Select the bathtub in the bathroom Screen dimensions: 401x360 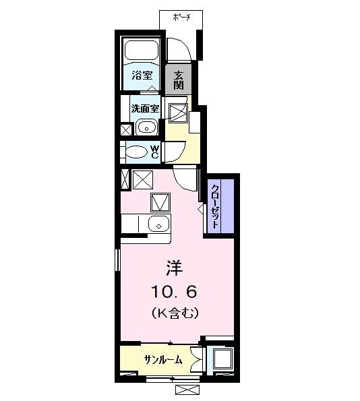pyautogui.click(x=141, y=50)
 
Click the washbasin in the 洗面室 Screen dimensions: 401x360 pyautogui.click(x=146, y=127)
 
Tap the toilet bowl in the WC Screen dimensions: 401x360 pyautogui.click(x=137, y=152)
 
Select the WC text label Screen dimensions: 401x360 pyautogui.click(x=154, y=152)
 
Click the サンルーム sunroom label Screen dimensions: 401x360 pyautogui.click(x=162, y=360)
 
